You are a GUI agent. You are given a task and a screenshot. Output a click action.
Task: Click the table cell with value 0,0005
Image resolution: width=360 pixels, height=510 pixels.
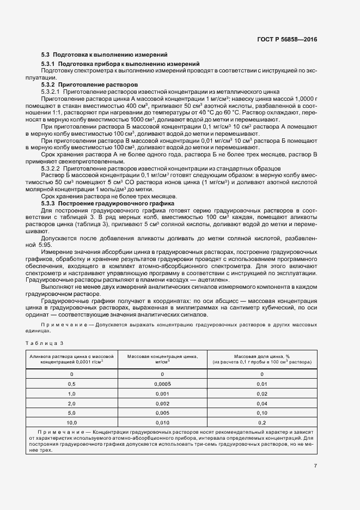[162, 385]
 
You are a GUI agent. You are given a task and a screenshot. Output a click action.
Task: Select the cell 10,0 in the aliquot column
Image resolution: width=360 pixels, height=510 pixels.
[71, 422]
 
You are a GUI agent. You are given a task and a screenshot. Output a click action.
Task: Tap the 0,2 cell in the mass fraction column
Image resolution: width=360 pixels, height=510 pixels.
[262, 422]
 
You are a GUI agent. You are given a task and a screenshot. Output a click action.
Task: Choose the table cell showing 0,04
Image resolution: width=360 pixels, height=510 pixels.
[262, 404]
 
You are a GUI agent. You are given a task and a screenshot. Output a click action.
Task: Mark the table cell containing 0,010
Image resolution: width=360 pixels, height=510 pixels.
[162, 422]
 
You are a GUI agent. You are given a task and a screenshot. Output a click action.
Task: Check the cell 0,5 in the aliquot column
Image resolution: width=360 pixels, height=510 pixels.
[71, 385]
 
